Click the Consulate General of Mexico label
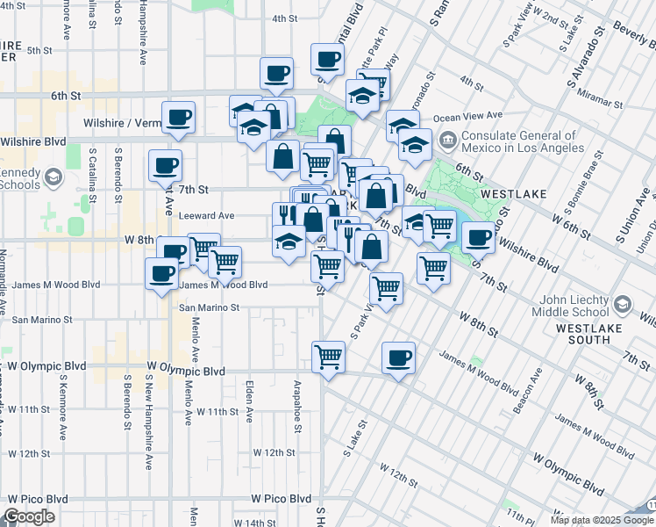point(519,143)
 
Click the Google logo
point(30,516)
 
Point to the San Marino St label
point(210,308)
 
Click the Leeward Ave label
point(206,215)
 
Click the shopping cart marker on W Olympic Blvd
point(328,357)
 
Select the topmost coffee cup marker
point(327,60)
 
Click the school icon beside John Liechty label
point(623,303)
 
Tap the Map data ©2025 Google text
point(601,519)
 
